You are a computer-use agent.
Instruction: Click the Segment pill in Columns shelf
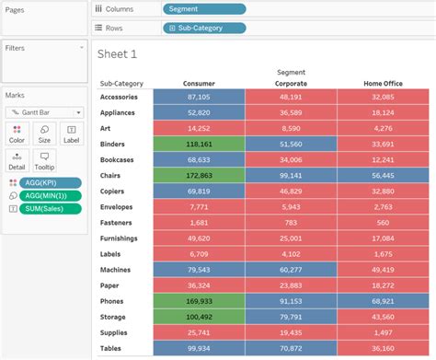[204, 9]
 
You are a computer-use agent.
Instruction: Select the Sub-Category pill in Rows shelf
[204, 28]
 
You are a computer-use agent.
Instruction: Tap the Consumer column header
[199, 83]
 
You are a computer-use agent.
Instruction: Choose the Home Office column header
[384, 83]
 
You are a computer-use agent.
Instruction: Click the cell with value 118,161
[199, 144]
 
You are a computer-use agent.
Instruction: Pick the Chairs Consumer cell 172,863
[199, 175]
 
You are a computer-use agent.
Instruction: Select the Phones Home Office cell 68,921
[384, 300]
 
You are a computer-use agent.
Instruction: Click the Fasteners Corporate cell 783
[291, 222]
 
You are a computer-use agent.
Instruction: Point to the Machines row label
[117, 269]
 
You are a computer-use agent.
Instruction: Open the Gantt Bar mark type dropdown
[44, 112]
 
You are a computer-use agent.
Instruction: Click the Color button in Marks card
[17, 134]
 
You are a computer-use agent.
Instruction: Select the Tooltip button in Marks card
[44, 161]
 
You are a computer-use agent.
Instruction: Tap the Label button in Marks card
[71, 134]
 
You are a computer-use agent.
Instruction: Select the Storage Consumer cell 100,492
[199, 316]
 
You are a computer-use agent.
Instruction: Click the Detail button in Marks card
[17, 161]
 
